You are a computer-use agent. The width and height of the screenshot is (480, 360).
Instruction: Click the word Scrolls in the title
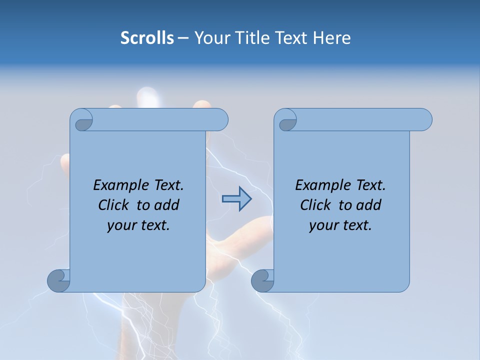[x=147, y=38]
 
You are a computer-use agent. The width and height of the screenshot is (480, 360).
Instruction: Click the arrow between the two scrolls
[x=236, y=198]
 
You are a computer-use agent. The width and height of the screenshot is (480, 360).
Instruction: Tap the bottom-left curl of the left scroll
[x=58, y=280]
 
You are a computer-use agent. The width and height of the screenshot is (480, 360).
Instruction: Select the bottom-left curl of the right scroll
[x=262, y=280]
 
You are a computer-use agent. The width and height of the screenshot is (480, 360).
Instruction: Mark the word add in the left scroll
[x=167, y=205]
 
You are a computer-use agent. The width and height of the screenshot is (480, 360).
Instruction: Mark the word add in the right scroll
[x=369, y=205]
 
